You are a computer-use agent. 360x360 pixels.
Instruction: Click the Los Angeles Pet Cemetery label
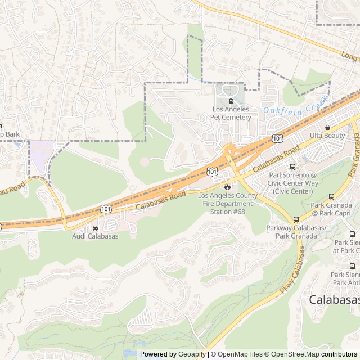231,113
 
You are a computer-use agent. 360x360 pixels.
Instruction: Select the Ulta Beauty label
327,136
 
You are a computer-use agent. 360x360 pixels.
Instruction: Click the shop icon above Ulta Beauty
327,128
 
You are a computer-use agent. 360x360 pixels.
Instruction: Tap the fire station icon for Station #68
227,187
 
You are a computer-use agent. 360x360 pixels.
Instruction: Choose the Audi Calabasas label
95,236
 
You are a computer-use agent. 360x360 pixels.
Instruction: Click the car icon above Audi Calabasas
95,228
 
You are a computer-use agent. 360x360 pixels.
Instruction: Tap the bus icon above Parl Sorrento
292,166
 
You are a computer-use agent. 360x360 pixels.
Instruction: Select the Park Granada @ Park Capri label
331,209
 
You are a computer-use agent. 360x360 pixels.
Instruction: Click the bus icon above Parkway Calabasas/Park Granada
296,219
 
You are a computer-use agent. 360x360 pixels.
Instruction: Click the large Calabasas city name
334,300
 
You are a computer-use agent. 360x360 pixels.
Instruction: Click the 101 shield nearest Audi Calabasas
106,209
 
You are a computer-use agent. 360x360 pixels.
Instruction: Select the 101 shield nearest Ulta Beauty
277,138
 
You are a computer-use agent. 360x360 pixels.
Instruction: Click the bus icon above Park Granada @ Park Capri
331,197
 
